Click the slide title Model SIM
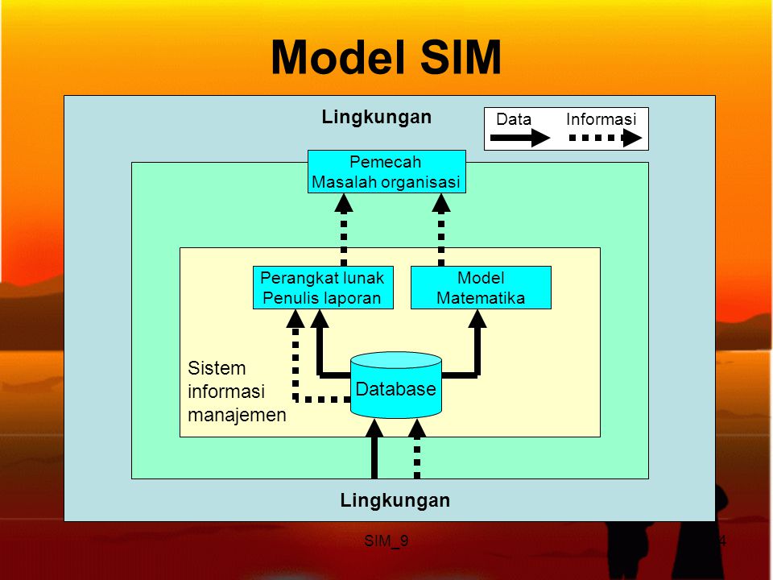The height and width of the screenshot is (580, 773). (386, 58)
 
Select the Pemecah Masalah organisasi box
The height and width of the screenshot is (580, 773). (386, 172)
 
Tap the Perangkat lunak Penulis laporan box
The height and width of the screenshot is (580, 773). (322, 288)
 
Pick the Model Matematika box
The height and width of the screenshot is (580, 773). (481, 288)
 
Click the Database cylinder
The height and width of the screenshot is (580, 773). (396, 387)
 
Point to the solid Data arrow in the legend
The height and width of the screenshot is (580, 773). (520, 139)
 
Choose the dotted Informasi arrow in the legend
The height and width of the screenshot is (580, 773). (606, 139)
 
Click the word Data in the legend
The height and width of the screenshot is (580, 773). (514, 120)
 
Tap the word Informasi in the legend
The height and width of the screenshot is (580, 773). (601, 120)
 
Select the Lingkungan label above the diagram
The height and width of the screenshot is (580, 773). (376, 117)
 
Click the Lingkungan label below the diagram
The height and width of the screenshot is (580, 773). (395, 500)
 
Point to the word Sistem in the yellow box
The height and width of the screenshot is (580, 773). (217, 368)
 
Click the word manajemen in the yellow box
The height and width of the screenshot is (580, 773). (237, 416)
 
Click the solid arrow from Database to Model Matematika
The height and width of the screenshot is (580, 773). (477, 346)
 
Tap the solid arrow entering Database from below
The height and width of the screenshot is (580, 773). (374, 451)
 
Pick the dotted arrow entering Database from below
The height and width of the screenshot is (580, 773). (417, 451)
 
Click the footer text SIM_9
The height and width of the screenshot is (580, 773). (386, 541)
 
